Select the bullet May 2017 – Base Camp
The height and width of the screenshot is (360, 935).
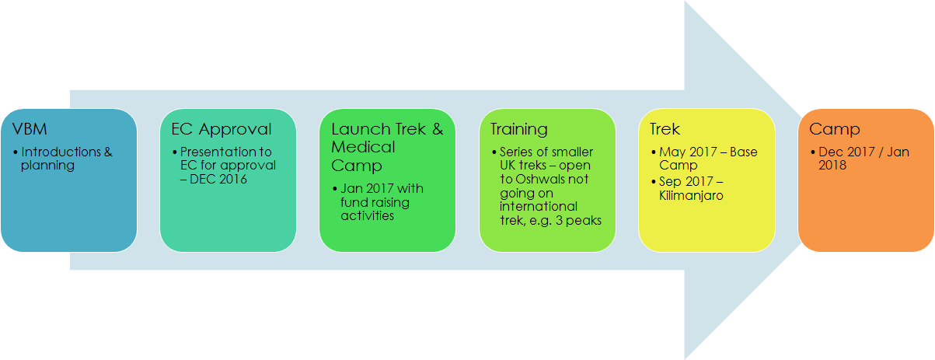tap(698, 159)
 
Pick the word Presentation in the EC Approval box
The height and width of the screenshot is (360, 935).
tap(214, 152)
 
